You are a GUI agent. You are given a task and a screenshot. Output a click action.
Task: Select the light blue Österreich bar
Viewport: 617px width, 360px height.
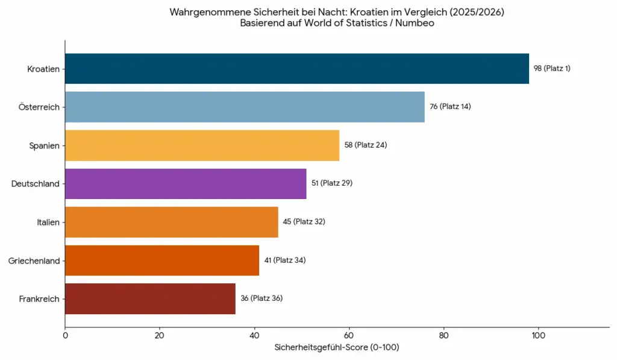[x=245, y=107]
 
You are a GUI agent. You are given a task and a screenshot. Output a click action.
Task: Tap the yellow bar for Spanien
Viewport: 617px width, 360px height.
[x=202, y=145]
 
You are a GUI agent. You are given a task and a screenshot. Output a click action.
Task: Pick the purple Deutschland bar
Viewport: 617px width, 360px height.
[x=186, y=183]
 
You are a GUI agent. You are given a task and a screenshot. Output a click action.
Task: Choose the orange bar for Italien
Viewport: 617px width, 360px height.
[x=171, y=222]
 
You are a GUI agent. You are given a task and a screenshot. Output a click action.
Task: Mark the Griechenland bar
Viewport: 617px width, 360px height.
[x=161, y=260]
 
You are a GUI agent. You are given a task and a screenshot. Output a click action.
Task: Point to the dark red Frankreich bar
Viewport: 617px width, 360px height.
[x=150, y=298]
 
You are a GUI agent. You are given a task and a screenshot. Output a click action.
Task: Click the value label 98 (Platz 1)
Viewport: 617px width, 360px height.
[x=552, y=69]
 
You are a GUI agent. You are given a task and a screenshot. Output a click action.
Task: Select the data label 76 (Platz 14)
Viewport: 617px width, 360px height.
[x=450, y=107]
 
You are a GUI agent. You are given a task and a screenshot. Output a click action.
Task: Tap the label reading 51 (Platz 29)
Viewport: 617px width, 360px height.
[x=331, y=183]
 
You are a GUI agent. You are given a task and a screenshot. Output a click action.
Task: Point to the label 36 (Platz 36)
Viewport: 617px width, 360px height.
[x=262, y=298]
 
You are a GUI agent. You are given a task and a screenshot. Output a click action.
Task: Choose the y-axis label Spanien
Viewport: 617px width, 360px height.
[x=45, y=145]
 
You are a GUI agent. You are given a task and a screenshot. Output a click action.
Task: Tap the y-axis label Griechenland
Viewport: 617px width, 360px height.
[x=34, y=261]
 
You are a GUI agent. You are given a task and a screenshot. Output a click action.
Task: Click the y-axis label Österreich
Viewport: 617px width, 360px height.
[x=40, y=107]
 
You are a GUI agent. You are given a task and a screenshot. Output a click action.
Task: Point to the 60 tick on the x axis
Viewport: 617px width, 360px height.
[x=349, y=335]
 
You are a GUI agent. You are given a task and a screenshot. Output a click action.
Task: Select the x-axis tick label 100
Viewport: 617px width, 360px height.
[x=538, y=335]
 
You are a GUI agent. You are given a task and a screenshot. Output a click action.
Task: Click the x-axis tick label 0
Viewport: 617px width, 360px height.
[x=65, y=335]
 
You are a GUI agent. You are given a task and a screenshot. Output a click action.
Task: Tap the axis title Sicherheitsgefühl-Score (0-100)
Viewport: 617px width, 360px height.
[x=337, y=348]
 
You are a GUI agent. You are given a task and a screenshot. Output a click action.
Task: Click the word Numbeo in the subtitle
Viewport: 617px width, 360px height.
[x=415, y=24]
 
